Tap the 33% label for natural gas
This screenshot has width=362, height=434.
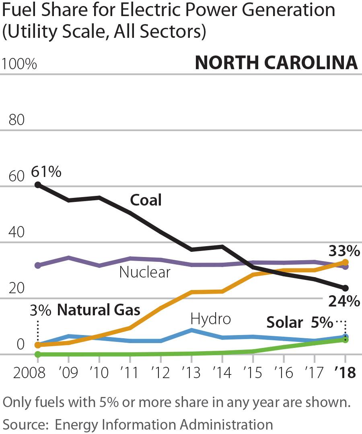tap(344, 251)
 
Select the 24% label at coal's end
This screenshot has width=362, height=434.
tap(344, 301)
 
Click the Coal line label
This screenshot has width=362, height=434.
tap(146, 200)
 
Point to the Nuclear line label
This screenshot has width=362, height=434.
tap(145, 272)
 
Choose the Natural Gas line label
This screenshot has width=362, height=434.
tap(99, 310)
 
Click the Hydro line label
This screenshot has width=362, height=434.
tap(211, 319)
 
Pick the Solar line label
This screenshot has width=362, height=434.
tap(285, 323)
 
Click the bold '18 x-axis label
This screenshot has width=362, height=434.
tap(345, 373)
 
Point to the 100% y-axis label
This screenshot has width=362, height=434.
tap(19, 64)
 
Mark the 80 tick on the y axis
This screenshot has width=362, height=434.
tap(16, 120)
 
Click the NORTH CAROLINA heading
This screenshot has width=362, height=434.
tap(276, 63)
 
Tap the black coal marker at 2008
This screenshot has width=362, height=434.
tap(38, 185)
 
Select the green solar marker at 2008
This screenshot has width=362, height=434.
tap(38, 354)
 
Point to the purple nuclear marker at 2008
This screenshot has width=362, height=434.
tap(38, 265)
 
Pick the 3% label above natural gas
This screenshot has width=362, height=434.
tap(40, 311)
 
